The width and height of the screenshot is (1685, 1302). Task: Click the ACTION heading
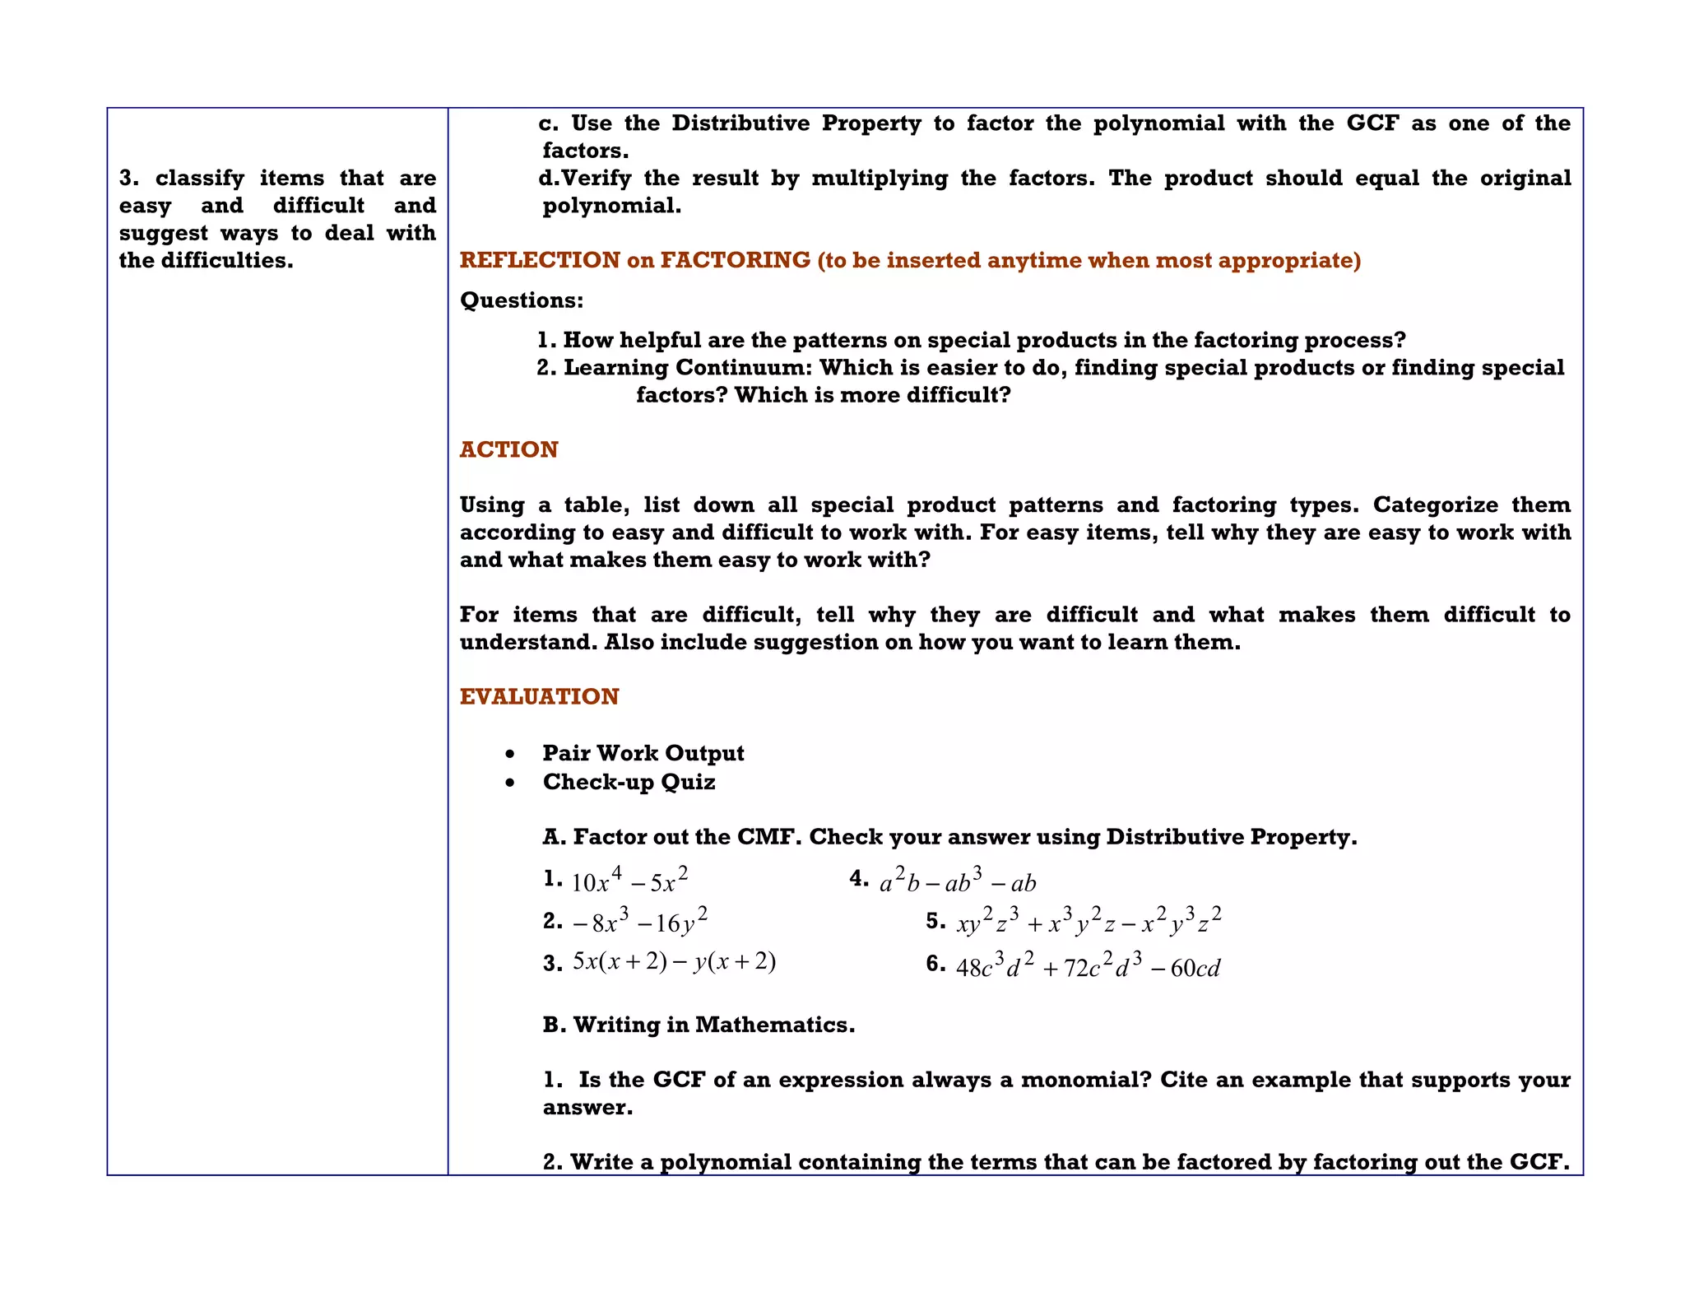(x=508, y=449)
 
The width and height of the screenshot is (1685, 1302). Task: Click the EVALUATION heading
(x=539, y=696)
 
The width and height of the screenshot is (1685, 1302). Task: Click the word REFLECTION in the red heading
(x=539, y=260)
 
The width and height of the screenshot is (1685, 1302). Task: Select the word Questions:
(x=522, y=300)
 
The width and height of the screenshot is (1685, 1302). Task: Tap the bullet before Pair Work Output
(x=511, y=754)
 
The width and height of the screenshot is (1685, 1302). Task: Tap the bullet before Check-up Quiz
(x=511, y=783)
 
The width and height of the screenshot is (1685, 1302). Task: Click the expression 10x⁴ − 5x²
(x=629, y=881)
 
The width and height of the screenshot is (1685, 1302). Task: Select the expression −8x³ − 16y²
(x=639, y=922)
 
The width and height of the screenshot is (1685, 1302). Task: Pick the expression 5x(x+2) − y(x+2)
(x=674, y=961)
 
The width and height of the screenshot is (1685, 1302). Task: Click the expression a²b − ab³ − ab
(x=958, y=882)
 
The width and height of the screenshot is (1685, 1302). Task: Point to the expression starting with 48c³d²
(x=1088, y=966)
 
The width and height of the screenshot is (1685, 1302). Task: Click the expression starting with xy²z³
(x=1089, y=922)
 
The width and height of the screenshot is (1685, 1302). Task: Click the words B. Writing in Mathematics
(x=699, y=1025)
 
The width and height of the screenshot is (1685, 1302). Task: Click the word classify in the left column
(x=200, y=178)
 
